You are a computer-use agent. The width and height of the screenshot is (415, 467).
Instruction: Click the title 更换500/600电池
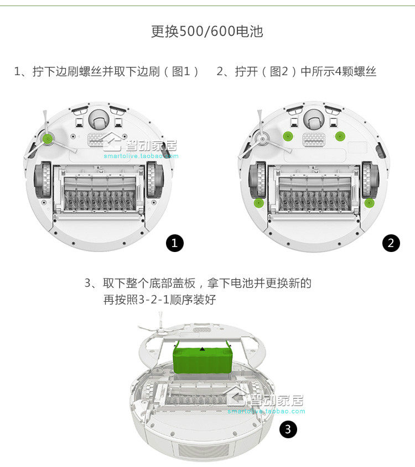[207, 32]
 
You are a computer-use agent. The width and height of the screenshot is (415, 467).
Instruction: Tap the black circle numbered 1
[175, 243]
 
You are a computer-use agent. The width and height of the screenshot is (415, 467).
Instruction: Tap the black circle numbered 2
[391, 243]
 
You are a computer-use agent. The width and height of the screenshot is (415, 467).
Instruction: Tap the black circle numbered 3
[288, 429]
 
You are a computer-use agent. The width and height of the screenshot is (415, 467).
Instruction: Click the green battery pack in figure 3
[202, 359]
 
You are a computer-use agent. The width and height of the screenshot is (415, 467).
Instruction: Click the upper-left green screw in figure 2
[287, 136]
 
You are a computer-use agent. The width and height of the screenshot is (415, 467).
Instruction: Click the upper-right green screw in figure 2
[339, 136]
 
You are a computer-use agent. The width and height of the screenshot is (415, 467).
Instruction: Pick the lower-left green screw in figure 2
[257, 203]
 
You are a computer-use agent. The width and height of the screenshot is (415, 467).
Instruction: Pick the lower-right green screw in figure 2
[369, 203]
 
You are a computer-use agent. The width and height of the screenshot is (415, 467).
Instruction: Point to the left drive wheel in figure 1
[43, 180]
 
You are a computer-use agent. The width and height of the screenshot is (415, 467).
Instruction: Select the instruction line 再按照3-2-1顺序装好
[159, 300]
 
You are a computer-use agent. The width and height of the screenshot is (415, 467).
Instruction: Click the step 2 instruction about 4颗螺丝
[296, 72]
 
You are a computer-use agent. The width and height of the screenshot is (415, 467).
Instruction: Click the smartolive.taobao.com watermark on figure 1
[141, 156]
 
